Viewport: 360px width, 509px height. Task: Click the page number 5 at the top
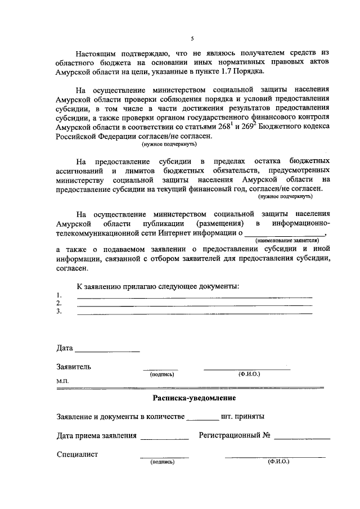click(191, 38)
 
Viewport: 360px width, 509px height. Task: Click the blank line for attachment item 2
click(194, 304)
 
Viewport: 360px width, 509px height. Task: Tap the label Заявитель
click(74, 367)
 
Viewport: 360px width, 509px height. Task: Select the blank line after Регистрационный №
click(302, 437)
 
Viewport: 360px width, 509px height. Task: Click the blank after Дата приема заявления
click(164, 437)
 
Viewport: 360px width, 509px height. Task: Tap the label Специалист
click(78, 454)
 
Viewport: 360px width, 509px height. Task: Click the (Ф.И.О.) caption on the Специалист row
click(278, 462)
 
